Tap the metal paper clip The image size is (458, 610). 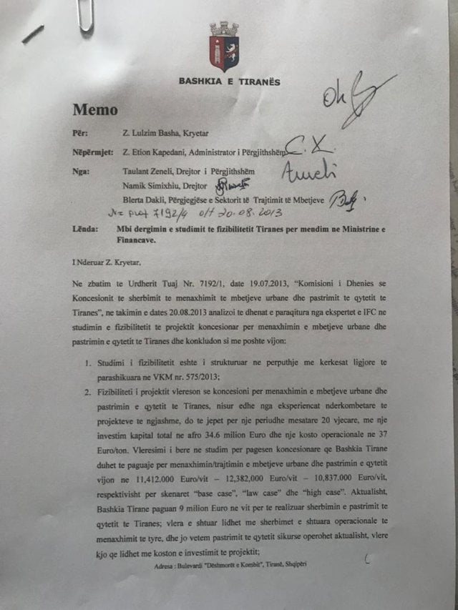pos(85,16)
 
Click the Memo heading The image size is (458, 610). pos(95,109)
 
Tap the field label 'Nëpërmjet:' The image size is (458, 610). pos(93,152)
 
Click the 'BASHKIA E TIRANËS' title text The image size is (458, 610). pos(229,82)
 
